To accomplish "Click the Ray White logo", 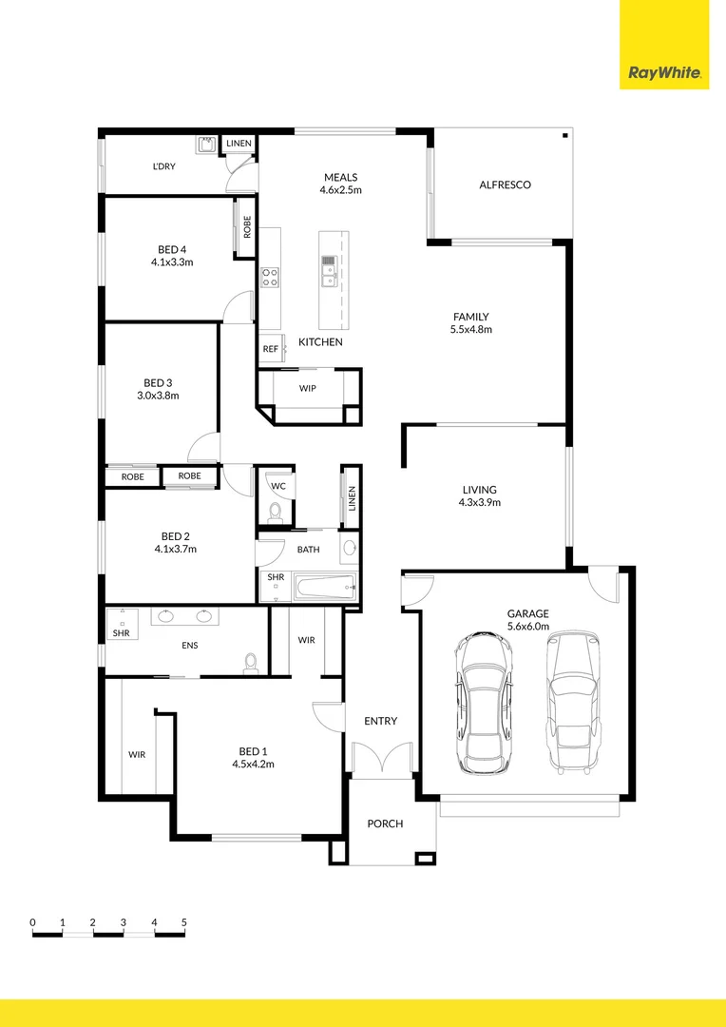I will click(x=663, y=72).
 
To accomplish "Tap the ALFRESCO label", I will click(x=505, y=184).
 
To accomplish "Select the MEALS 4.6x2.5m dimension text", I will click(x=340, y=190).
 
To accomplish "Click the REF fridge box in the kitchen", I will click(x=270, y=349).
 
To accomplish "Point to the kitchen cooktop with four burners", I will click(x=270, y=277).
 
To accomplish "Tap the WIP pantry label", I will click(x=308, y=388).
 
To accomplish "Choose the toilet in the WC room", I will click(x=276, y=513).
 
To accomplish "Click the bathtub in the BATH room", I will click(x=325, y=588).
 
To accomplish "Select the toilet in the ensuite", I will click(x=251, y=661).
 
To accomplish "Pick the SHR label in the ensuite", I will click(x=121, y=632).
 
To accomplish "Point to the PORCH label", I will click(x=385, y=824).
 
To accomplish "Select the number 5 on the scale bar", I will click(x=184, y=922).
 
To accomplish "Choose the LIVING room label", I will click(x=480, y=490).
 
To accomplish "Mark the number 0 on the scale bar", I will click(x=32, y=922).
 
